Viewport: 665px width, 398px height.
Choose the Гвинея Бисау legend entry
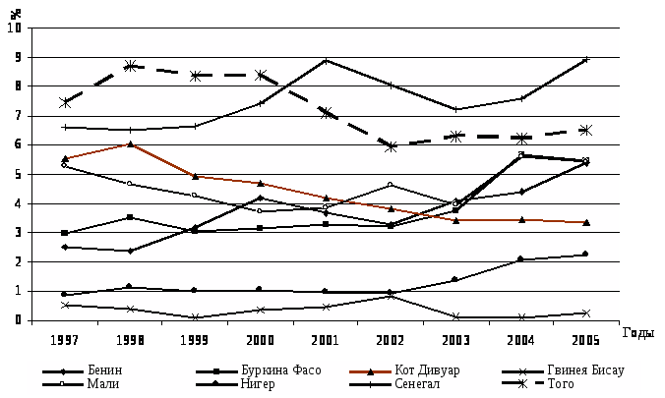(x=588, y=370)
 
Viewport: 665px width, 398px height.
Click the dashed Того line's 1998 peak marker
(x=130, y=66)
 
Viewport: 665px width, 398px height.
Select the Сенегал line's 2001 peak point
(x=326, y=60)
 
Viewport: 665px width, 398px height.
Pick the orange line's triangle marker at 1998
(x=130, y=144)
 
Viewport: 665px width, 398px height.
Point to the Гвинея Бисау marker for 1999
(x=195, y=317)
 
